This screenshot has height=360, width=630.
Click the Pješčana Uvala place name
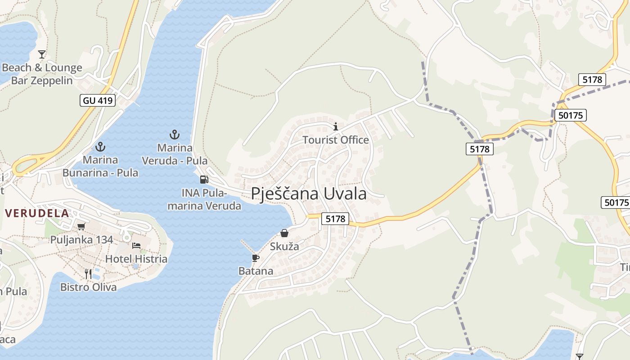pyautogui.click(x=309, y=194)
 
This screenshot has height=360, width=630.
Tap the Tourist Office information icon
pyautogui.click(x=335, y=126)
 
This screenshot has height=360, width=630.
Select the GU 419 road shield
pyautogui.click(x=98, y=100)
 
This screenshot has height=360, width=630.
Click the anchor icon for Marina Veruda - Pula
pyautogui.click(x=174, y=134)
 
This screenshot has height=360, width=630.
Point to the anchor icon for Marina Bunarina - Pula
pyautogui.click(x=100, y=147)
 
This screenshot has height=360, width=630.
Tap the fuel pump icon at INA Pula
pyautogui.click(x=204, y=179)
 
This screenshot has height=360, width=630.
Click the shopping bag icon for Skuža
pyautogui.click(x=284, y=233)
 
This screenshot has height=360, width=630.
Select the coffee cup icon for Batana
pyautogui.click(x=256, y=258)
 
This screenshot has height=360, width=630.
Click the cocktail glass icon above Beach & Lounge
pyautogui.click(x=42, y=54)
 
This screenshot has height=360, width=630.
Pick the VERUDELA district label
pyautogui.click(x=37, y=213)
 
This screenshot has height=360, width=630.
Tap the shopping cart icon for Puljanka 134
pyautogui.click(x=81, y=226)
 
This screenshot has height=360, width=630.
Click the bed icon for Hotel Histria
pyautogui.click(x=136, y=246)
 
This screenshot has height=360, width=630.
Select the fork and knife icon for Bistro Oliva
pyautogui.click(x=88, y=274)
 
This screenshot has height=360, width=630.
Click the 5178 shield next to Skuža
pyautogui.click(x=335, y=219)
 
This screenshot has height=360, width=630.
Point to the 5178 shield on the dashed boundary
pyautogui.click(x=479, y=149)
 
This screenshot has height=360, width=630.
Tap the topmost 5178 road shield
pyautogui.click(x=592, y=80)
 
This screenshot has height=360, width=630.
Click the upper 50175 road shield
pyautogui.click(x=570, y=115)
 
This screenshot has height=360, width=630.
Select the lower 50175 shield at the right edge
pyautogui.click(x=615, y=202)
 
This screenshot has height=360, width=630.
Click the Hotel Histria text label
pyautogui.click(x=136, y=259)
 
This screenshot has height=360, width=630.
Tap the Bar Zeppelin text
pyautogui.click(x=42, y=81)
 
